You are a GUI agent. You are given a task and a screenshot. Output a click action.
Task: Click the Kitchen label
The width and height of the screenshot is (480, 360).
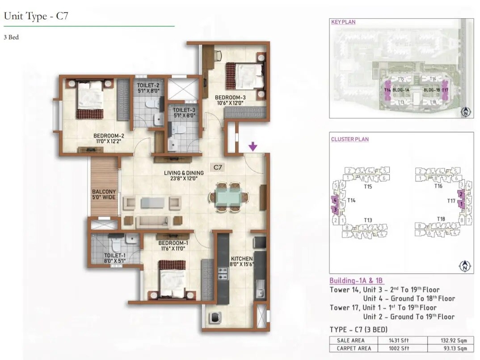(x=242, y=259)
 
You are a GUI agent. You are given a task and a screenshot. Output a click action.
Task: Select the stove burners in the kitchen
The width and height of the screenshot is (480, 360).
(x=223, y=273)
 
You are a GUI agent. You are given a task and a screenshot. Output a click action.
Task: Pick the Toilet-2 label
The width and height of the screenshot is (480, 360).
(x=148, y=85)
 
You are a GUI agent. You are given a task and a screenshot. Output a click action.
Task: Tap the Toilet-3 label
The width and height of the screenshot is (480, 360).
(x=184, y=109)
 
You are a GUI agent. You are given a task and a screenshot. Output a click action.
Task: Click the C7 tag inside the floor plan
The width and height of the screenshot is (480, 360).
(x=218, y=167)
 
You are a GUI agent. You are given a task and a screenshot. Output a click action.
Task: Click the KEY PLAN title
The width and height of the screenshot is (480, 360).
(x=343, y=22)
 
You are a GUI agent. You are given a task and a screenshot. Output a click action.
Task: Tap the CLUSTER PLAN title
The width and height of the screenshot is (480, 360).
(x=350, y=139)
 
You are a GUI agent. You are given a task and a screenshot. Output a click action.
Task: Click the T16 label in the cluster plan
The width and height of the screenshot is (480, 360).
(x=438, y=186)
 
